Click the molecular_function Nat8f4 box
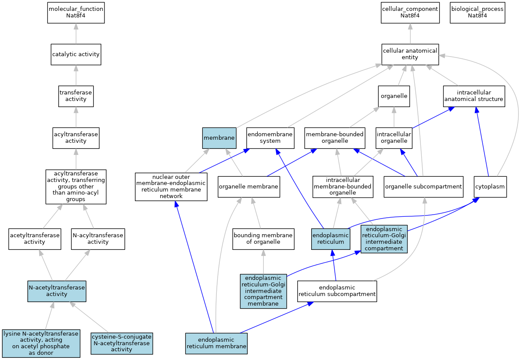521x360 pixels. click(x=76, y=13)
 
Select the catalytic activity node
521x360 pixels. click(x=76, y=54)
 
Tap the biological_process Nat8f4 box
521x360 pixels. click(x=477, y=13)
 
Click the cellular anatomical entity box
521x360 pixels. click(x=410, y=54)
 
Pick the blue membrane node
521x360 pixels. click(x=219, y=138)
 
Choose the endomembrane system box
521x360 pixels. click(x=270, y=138)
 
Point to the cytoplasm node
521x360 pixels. click(x=491, y=187)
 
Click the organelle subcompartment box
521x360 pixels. click(x=424, y=187)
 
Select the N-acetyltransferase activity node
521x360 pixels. click(x=57, y=291)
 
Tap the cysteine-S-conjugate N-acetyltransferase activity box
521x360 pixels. click(x=121, y=343)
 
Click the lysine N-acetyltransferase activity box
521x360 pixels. click(x=41, y=343)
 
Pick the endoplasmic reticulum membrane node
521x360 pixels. click(x=216, y=343)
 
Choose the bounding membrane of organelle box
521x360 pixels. click(x=263, y=239)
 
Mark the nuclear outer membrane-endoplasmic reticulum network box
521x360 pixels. click(x=171, y=187)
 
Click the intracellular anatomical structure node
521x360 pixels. click(x=474, y=96)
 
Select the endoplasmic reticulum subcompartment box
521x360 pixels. click(x=337, y=291)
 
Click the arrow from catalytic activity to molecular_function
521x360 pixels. click(x=76, y=34)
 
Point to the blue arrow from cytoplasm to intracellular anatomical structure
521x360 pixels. click(x=483, y=141)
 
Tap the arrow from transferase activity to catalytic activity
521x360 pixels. click(x=76, y=75)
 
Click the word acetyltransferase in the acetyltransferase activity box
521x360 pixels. click(x=34, y=236)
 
